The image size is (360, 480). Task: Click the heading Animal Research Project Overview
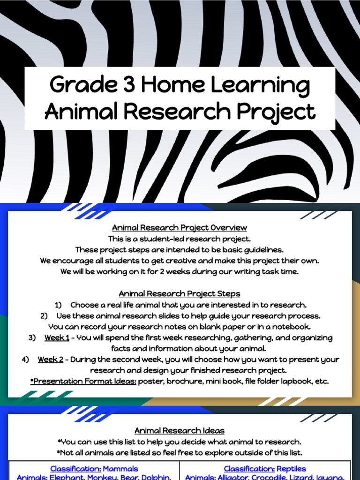[x=180, y=228]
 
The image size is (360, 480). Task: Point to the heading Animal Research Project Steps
[x=180, y=294]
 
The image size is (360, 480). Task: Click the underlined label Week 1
[x=57, y=337]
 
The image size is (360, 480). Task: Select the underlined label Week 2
[x=51, y=360]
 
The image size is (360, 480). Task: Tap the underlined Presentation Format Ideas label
[x=83, y=381]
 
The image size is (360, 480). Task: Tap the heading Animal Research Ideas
[x=180, y=430]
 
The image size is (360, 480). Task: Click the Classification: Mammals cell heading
[x=94, y=469]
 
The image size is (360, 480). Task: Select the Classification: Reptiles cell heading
[x=265, y=469]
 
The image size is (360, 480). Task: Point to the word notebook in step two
[x=292, y=326]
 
